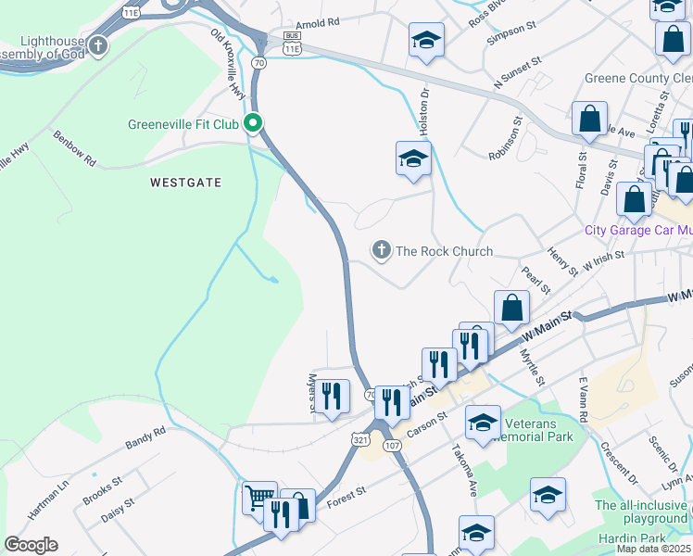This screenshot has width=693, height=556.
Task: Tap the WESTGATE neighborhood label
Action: [186, 183]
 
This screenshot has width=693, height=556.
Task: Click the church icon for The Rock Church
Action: [380, 250]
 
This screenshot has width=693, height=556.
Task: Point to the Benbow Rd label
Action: [75, 148]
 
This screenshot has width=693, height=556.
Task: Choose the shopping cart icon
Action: [258, 498]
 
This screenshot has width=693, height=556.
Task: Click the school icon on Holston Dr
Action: [413, 158]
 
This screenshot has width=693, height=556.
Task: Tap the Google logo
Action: [31, 545]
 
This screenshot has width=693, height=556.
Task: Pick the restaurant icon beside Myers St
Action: [334, 397]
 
